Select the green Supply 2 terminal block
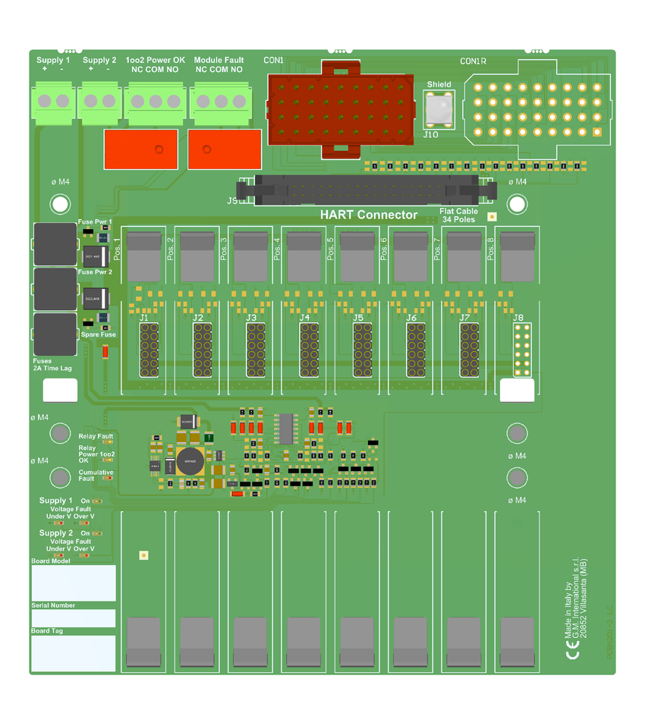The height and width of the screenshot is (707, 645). click(99, 99)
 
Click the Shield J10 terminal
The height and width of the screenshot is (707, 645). click(438, 109)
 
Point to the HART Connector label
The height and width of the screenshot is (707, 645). click(369, 215)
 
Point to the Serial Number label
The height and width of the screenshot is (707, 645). click(53, 605)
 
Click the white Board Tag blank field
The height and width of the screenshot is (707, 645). click(73, 653)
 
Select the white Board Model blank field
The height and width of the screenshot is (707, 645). click(73, 583)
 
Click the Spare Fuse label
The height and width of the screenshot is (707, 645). click(98, 335)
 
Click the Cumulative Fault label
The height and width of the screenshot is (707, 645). click(96, 475)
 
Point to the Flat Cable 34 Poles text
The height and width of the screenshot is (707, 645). click(458, 215)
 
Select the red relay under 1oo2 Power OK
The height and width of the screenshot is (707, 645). click(140, 149)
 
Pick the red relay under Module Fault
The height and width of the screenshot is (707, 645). click(224, 149)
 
